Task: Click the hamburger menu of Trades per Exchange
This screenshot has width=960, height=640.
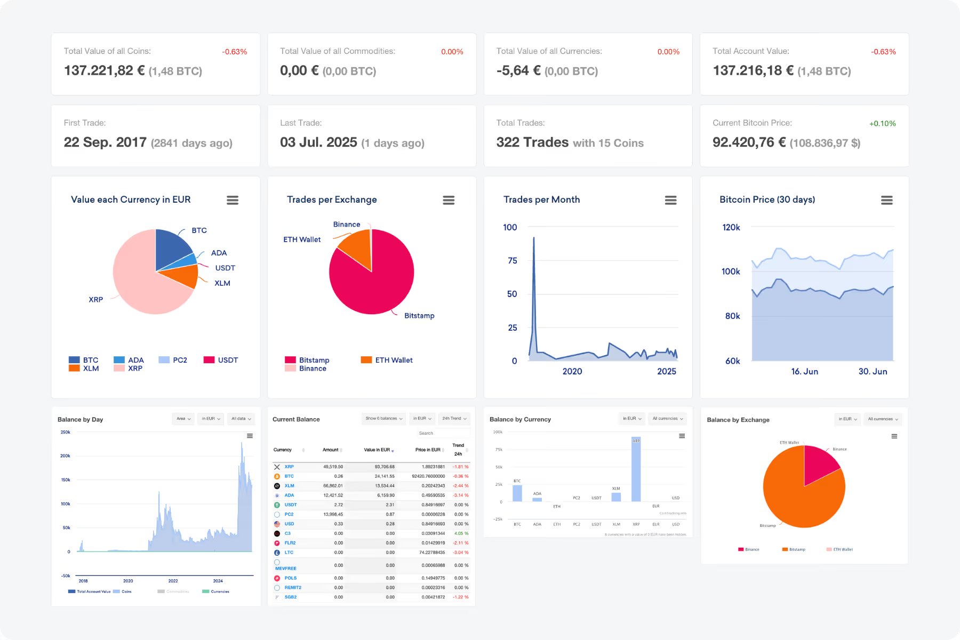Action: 449,200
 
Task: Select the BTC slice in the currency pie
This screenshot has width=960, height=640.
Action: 172,248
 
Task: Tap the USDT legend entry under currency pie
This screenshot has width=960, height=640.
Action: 221,360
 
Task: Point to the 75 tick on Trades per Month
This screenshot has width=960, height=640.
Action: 512,260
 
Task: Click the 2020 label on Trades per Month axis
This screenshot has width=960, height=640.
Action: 572,371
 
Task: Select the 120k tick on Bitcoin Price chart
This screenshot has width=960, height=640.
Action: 731,227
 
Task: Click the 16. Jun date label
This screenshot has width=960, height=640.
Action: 804,371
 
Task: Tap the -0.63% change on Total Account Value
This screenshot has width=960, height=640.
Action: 883,52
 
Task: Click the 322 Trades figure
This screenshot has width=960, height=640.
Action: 532,142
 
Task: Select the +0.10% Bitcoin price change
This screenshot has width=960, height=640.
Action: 882,123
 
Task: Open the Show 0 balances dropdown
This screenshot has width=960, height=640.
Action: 384,419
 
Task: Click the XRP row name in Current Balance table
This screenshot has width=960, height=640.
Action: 289,467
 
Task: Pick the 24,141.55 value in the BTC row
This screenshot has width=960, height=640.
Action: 385,476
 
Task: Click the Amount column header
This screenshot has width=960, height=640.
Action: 331,450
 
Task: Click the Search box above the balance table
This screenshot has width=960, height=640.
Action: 443,433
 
